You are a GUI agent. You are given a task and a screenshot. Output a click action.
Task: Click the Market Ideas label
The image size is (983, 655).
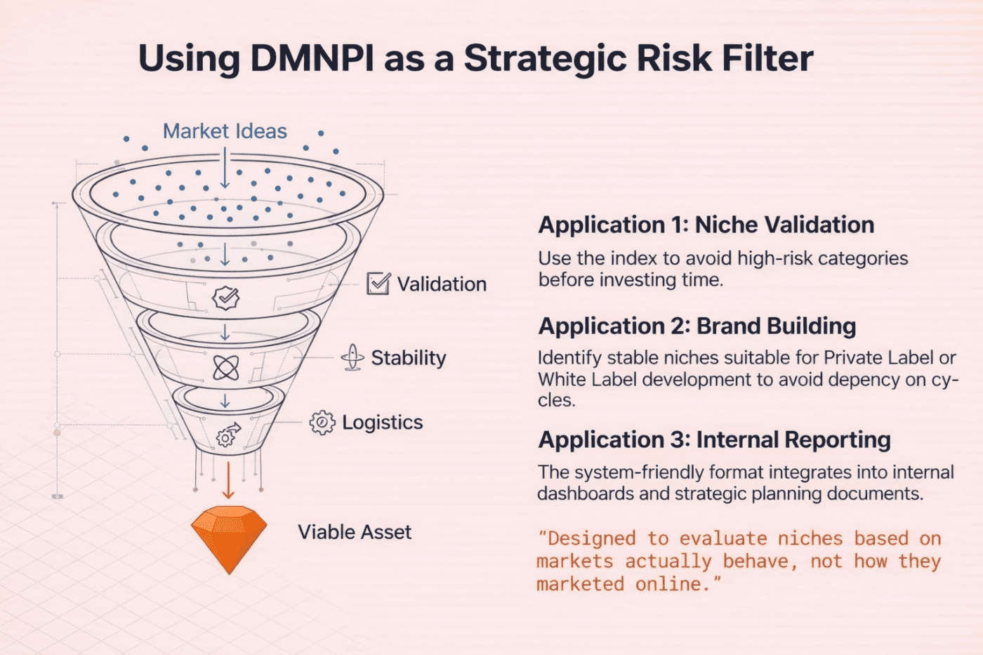pyautogui.click(x=225, y=131)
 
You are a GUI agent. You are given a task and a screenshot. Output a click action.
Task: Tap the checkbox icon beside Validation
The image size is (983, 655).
pyautogui.click(x=378, y=284)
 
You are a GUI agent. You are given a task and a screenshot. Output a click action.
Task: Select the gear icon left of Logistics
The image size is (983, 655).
pyautogui.click(x=322, y=423)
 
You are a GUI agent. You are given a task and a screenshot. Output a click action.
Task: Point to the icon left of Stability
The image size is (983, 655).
pyautogui.click(x=352, y=358)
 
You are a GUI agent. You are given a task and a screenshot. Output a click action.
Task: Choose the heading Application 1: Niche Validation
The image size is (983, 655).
pyautogui.click(x=706, y=225)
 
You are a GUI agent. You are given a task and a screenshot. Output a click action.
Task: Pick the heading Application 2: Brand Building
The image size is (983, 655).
pyautogui.click(x=697, y=326)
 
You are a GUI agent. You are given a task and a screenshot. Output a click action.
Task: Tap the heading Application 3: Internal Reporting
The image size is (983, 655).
pyautogui.click(x=714, y=440)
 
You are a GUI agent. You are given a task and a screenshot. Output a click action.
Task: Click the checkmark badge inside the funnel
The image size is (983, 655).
pyautogui.click(x=225, y=298)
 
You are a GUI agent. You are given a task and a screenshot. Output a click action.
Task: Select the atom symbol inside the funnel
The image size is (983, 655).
pyautogui.click(x=225, y=367)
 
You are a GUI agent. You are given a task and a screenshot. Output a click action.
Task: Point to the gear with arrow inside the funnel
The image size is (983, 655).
pyautogui.click(x=227, y=435)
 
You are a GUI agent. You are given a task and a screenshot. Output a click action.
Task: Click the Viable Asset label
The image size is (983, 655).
pyautogui.click(x=355, y=532)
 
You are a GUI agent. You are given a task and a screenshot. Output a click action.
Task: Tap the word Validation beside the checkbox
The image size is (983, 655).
pyautogui.click(x=442, y=284)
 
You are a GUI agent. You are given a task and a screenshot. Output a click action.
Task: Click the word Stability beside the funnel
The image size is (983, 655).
pyautogui.click(x=408, y=358)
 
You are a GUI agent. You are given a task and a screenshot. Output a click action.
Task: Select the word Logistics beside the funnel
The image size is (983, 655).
pyautogui.click(x=382, y=423)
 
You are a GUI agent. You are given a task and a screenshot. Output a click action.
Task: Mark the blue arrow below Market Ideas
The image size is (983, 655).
pyautogui.click(x=225, y=168)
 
